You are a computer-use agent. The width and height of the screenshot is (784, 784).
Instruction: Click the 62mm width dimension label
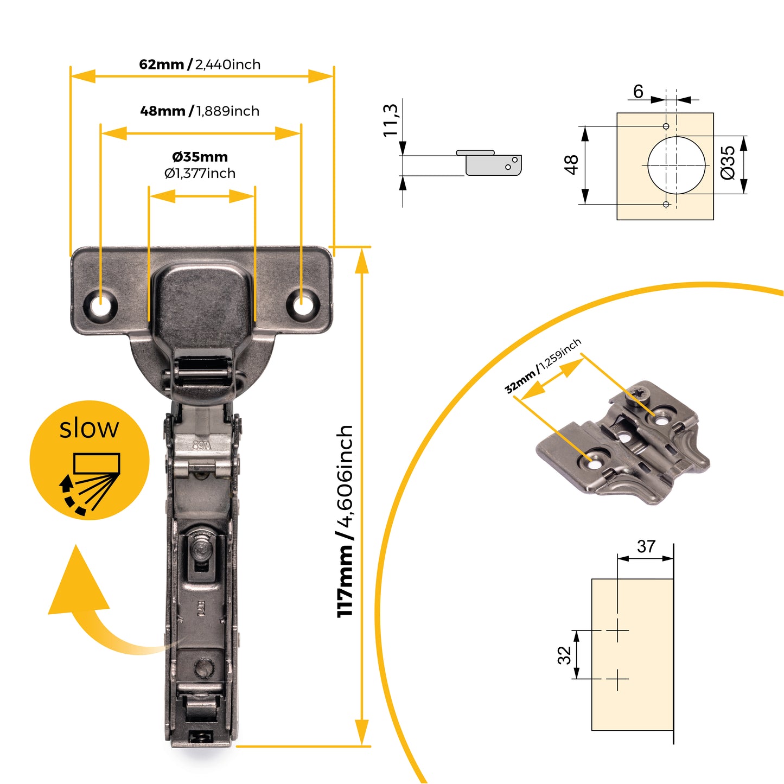click(200, 65)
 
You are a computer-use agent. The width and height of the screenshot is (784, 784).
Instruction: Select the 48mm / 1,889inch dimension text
click(200, 111)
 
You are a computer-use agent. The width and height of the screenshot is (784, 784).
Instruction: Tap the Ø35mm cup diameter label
click(200, 157)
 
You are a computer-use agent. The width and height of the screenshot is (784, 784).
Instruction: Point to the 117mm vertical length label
click(345, 521)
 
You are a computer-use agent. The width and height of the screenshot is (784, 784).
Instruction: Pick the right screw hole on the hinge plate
click(302, 304)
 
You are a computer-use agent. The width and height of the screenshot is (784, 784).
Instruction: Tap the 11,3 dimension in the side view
click(391, 120)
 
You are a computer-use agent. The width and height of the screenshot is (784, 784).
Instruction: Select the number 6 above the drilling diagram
click(638, 92)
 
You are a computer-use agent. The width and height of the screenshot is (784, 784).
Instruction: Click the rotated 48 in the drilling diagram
click(571, 164)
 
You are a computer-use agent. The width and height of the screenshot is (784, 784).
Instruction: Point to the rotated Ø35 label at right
click(728, 162)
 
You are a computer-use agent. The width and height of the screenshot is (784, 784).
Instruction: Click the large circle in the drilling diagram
click(677, 164)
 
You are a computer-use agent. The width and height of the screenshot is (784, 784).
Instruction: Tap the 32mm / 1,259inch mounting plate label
click(543, 366)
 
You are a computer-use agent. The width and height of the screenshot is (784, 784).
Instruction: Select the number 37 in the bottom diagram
click(646, 546)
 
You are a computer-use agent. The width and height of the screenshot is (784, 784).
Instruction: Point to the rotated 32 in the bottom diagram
click(564, 655)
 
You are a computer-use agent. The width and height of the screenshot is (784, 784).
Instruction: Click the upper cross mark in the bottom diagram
click(617, 630)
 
